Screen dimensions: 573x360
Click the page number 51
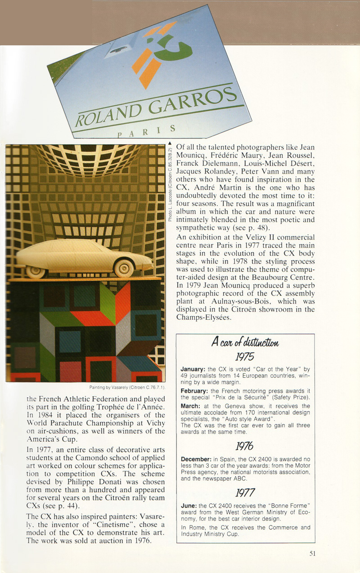pos(312,554)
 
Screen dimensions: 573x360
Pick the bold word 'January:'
pos(193,369)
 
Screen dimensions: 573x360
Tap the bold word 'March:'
pos(190,406)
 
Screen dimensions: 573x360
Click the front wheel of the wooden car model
pos(124,269)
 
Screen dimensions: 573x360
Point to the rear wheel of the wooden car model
pos(36,271)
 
